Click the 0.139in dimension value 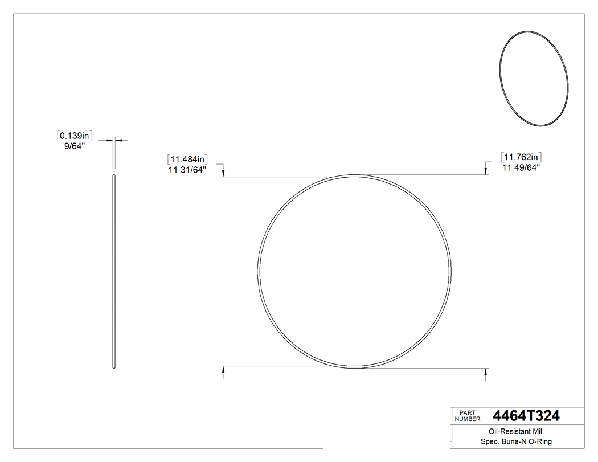click(75, 136)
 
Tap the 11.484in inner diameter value click(187, 160)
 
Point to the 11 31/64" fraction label click(187, 169)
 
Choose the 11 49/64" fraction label click(521, 167)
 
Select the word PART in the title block click(467, 413)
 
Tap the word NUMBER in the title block click(467, 419)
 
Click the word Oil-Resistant click(501, 432)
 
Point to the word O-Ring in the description click(539, 442)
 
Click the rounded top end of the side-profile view click(114, 177)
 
